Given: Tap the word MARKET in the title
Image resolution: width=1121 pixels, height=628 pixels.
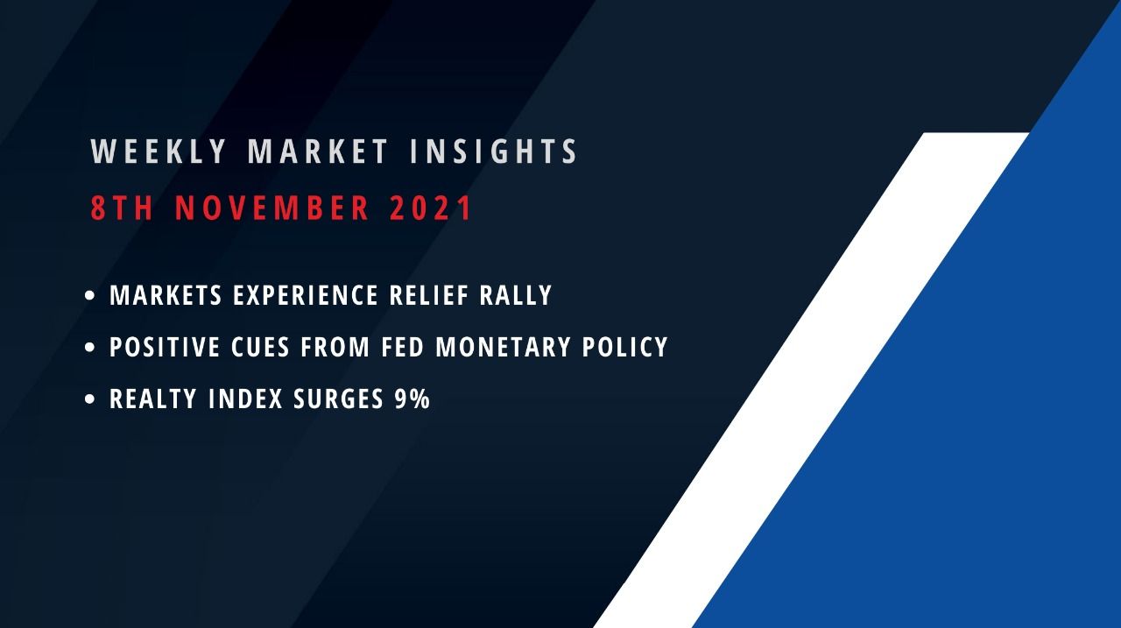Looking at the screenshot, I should click(x=318, y=152).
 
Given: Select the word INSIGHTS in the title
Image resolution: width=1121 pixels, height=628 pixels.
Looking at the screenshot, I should click(x=495, y=152).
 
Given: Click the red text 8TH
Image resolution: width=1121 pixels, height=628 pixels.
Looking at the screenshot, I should click(x=122, y=209).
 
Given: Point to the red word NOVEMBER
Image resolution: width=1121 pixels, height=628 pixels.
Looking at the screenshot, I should click(x=272, y=209).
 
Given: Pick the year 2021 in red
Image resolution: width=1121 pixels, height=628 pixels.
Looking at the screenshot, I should click(x=432, y=209).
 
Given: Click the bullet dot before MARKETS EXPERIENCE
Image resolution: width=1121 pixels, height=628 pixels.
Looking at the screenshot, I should click(x=90, y=297).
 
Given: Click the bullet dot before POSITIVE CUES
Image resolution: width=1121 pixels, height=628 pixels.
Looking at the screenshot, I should click(x=90, y=349).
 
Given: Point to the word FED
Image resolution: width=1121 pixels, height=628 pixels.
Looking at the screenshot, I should click(x=404, y=348).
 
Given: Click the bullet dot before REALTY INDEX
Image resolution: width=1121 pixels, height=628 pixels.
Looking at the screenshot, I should click(x=90, y=400).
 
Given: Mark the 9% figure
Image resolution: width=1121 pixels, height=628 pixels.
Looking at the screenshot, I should click(x=411, y=399).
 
